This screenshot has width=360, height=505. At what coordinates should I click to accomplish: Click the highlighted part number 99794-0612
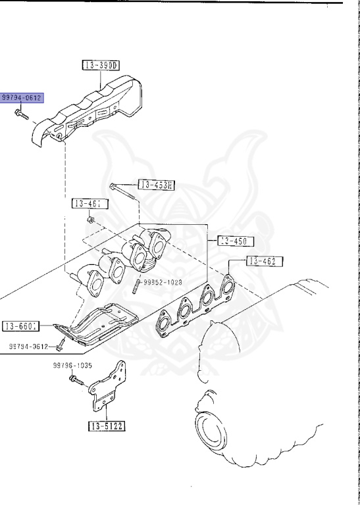click(22, 98)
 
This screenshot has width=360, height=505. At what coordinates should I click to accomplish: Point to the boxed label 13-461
click(90, 204)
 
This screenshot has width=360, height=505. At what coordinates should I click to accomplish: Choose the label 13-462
click(265, 261)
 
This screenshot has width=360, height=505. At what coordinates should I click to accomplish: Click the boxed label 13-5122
click(107, 425)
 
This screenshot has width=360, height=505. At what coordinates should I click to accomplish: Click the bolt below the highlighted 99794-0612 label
click(20, 114)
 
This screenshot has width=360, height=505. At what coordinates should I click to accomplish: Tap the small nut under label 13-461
click(91, 219)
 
